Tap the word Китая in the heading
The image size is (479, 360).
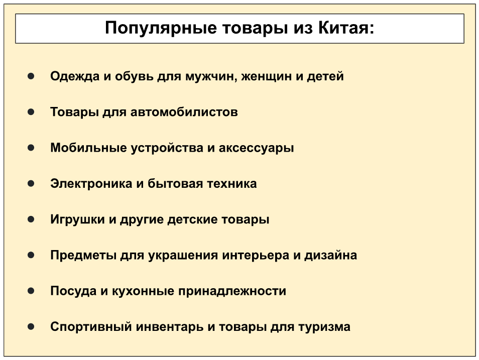(x=343, y=28)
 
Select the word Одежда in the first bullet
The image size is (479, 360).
(x=75, y=76)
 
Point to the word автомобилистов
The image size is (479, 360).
(x=184, y=112)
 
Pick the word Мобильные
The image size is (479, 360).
(x=88, y=148)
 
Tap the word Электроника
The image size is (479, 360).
(x=91, y=184)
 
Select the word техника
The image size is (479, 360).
(x=232, y=184)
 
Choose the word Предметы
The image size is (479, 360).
(x=83, y=255)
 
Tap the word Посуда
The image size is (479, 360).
(x=73, y=291)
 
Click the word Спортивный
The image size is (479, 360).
(x=91, y=327)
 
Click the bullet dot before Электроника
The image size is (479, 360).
(x=31, y=183)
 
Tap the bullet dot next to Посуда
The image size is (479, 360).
(x=31, y=291)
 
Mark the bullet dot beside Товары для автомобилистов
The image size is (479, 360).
(x=31, y=112)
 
